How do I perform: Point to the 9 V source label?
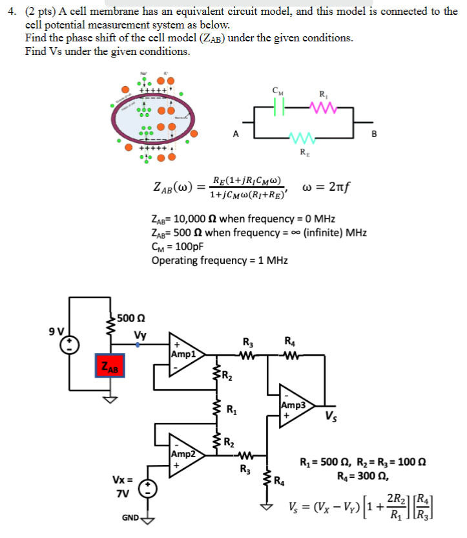click(x=56, y=331)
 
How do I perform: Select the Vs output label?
click(x=331, y=415)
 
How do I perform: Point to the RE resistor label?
click(x=303, y=153)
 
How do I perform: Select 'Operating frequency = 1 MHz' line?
click(x=220, y=261)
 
